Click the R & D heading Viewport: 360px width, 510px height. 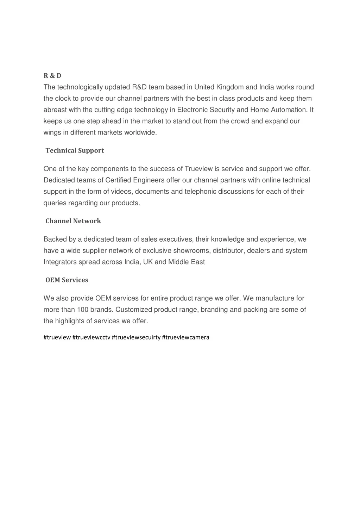click(x=52, y=76)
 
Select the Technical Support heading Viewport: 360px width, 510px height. click(x=75, y=151)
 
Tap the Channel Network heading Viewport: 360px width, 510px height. click(x=73, y=221)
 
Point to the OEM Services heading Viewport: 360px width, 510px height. click(x=67, y=280)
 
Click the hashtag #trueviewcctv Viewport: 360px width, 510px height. click(x=91, y=337)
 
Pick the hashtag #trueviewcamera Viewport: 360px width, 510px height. click(x=186, y=337)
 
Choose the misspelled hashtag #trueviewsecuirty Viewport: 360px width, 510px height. click(x=136, y=337)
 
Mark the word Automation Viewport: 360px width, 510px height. click(x=290, y=110)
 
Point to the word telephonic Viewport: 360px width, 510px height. click(x=200, y=192)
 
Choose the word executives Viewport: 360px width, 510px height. click(x=176, y=240)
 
